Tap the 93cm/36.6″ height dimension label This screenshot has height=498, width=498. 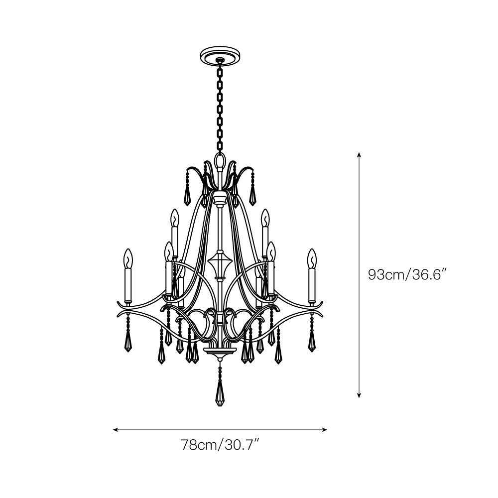click(408, 274)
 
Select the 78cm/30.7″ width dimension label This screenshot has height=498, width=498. click(221, 445)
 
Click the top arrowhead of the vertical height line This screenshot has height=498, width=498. click(359, 155)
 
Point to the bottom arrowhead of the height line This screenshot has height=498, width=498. click(359, 395)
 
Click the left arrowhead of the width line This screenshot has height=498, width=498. click(116, 430)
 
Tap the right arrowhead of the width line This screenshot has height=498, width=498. click(324, 430)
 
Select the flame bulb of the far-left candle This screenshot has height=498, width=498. click(127, 258)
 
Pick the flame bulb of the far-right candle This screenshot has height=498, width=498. click(312, 258)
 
